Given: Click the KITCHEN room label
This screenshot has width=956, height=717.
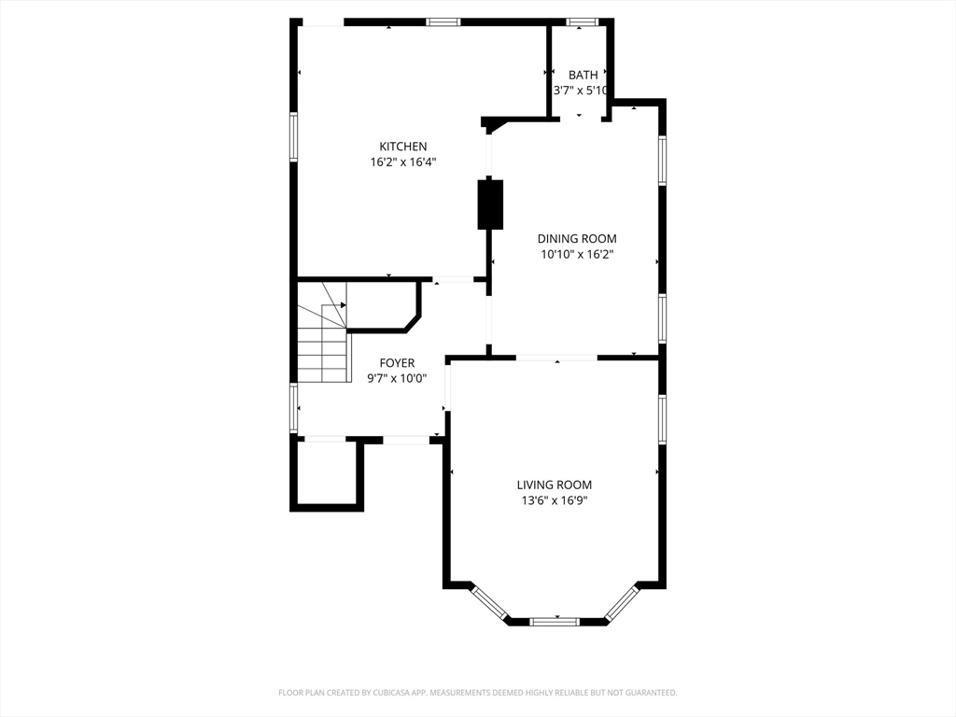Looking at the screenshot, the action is pyautogui.click(x=403, y=147).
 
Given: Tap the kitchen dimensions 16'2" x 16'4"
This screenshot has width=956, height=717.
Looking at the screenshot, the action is pyautogui.click(x=403, y=162).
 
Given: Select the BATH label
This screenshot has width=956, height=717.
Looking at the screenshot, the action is pyautogui.click(x=583, y=75).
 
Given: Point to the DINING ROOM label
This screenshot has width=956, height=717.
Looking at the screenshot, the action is pyautogui.click(x=577, y=238).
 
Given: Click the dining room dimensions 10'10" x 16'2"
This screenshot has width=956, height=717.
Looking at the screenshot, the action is pyautogui.click(x=577, y=254).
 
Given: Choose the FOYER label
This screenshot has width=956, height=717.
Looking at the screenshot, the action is pyautogui.click(x=397, y=363).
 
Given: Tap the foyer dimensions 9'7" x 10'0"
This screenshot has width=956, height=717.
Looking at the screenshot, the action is pyautogui.click(x=397, y=379).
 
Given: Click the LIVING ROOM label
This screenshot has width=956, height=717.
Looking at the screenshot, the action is pyautogui.click(x=555, y=485).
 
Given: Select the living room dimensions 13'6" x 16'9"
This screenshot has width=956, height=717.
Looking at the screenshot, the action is pyautogui.click(x=555, y=500).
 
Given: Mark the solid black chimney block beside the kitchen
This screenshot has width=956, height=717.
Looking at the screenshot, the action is pyautogui.click(x=490, y=204).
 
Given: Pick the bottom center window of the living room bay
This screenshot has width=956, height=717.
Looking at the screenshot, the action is pyautogui.click(x=555, y=622).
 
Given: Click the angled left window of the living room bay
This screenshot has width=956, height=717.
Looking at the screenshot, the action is pyautogui.click(x=489, y=604).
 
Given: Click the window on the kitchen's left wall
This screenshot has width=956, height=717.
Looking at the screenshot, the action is pyautogui.click(x=293, y=136).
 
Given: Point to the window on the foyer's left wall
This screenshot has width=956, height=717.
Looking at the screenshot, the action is pyautogui.click(x=293, y=407).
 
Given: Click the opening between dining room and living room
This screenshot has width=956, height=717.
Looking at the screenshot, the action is pyautogui.click(x=556, y=358).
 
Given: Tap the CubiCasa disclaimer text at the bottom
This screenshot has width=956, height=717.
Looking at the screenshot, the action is pyautogui.click(x=478, y=693).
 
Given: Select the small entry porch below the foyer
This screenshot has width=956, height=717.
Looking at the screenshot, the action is pyautogui.click(x=327, y=473).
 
